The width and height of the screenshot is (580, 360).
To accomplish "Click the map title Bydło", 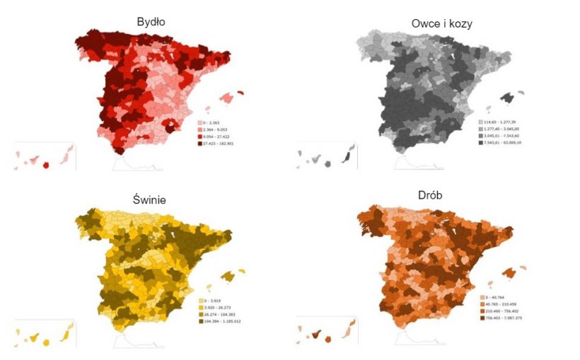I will pos(151,22).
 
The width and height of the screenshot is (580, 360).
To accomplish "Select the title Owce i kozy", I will pos(441,23).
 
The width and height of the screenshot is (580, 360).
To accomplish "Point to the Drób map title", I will pos(442,194).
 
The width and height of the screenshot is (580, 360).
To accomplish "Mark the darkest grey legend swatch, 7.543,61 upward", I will pos(502,144).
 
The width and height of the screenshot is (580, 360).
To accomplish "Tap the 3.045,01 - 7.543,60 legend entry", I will pos(502,137).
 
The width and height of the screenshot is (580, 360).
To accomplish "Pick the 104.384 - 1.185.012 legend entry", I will pos(221,322).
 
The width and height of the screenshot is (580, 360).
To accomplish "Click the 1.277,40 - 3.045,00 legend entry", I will pos(502,129).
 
